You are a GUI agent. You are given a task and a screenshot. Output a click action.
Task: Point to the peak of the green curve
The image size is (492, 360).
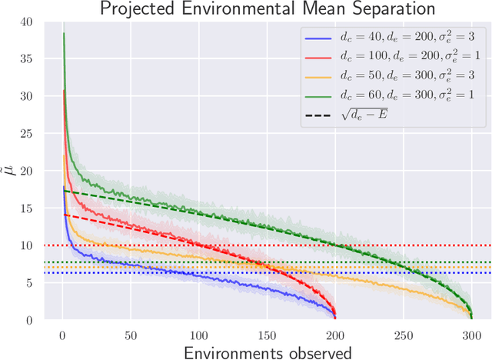(64, 33)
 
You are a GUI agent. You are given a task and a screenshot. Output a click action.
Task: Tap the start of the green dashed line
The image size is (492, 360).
(64, 191)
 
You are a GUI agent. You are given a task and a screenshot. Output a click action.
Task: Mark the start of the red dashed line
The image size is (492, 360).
(64, 215)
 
